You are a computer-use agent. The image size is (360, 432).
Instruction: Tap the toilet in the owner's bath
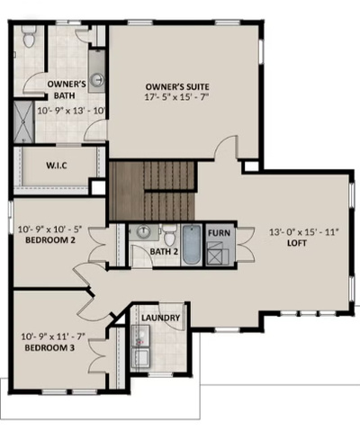point(30,38)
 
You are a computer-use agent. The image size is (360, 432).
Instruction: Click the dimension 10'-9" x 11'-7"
point(51,336)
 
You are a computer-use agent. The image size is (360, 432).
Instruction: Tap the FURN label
point(219,232)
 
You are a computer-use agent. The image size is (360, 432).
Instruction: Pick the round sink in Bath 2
point(143,231)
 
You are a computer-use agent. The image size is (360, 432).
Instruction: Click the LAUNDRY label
point(161,318)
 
